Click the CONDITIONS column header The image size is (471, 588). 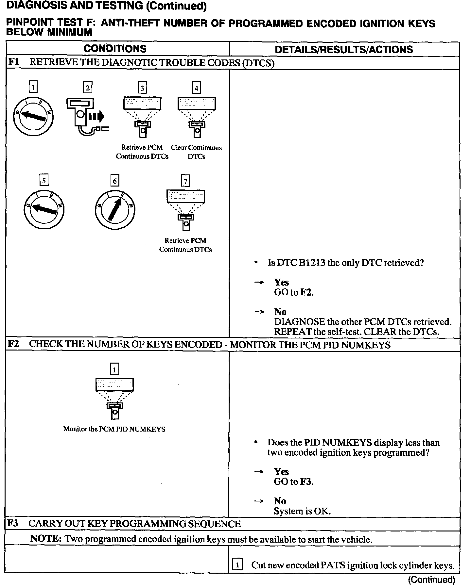(115, 49)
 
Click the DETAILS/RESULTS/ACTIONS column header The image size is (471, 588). (344, 50)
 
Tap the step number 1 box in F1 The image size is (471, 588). (33, 88)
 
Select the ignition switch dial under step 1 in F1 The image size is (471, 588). (33, 116)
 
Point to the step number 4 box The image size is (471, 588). (196, 88)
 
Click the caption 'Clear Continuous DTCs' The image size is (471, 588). (196, 152)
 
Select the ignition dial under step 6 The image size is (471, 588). (115, 209)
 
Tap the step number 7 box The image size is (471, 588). (185, 181)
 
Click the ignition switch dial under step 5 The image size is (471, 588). (44, 209)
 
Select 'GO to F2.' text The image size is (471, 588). (294, 292)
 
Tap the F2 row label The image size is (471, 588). (13, 344)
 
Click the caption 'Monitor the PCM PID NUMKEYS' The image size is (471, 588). (114, 429)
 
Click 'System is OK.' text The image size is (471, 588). (302, 511)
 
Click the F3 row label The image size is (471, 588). (13, 523)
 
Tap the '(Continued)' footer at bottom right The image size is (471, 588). (431, 580)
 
